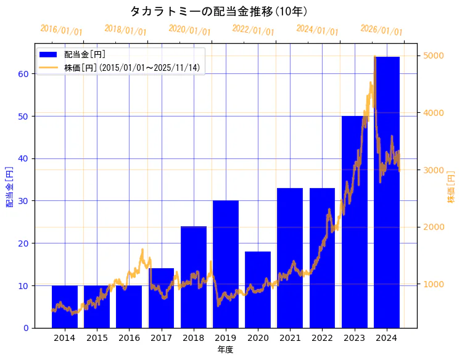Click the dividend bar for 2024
coord(387,192)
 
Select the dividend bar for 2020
coord(258,289)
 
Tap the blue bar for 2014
coord(65,306)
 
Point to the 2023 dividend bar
coord(355,221)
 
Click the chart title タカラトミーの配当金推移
coord(219,11)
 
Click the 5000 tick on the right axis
coord(432,55)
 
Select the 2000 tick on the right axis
coord(432,227)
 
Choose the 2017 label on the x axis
coord(161,338)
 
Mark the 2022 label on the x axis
coord(322,338)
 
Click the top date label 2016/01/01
coord(61,30)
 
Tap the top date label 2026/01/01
coord(381,30)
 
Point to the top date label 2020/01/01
coord(189,30)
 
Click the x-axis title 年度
coord(225,350)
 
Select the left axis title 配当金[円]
coord(10,186)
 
